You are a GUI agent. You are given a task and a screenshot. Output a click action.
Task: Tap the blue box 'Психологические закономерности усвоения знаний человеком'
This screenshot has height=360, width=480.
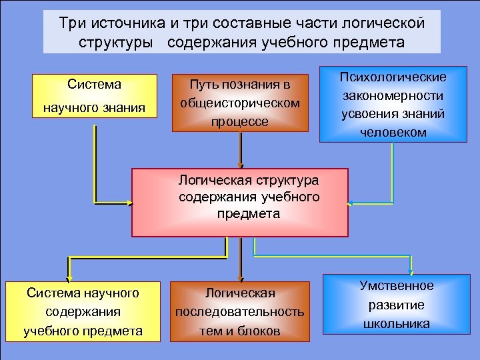pos(393,104)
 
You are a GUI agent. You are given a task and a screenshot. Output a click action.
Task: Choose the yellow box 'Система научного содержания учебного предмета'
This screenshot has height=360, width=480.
pos(83,311)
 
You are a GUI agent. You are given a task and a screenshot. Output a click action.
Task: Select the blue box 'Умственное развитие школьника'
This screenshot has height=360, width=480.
pos(397,305)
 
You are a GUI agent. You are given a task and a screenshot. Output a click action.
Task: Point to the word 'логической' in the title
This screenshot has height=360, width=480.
pos(388,24)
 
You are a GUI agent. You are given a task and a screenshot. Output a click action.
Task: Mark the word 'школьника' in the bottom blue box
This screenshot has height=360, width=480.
pos(397,324)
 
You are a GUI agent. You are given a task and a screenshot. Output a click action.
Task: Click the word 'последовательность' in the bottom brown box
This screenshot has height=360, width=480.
pos(240,312)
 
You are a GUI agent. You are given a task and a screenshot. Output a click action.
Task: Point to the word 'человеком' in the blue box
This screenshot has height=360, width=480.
pos(393,132)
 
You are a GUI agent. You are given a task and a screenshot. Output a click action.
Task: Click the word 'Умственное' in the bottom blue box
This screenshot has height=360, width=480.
pos(397,286)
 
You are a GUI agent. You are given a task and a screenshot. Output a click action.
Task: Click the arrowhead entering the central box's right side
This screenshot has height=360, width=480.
pos(351,202)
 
